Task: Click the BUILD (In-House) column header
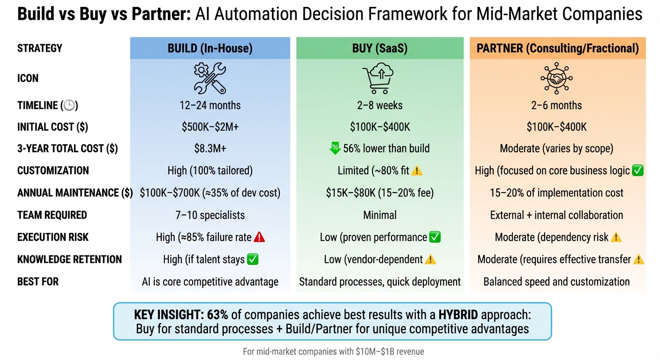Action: tap(210, 48)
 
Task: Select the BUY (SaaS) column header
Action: tap(380, 48)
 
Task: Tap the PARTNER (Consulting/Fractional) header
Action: tap(557, 48)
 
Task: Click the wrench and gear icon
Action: tap(210, 78)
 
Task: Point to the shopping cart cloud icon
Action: tap(378, 78)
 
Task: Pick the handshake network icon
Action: tap(556, 78)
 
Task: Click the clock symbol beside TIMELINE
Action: tap(69, 105)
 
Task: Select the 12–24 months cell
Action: tap(210, 105)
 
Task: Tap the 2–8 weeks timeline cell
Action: tap(380, 105)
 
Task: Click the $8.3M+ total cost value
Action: tap(210, 149)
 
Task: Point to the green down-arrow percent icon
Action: tap(335, 149)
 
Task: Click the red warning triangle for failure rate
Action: tap(259, 237)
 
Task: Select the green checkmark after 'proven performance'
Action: tap(435, 237)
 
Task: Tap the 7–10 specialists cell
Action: tap(210, 215)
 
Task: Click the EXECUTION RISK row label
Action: tap(53, 237)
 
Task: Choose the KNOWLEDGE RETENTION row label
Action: tap(69, 259)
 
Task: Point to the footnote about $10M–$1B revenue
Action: tap(333, 351)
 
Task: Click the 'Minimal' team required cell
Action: tap(380, 215)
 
